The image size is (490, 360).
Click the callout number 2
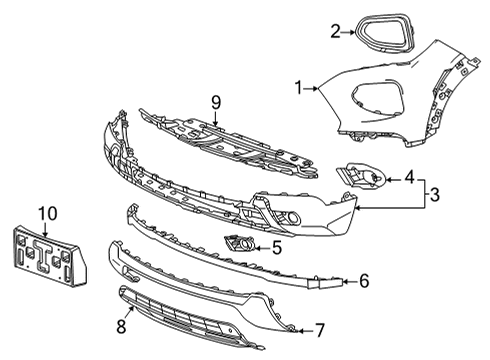[x=336, y=30]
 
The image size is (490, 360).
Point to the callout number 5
[x=277, y=247]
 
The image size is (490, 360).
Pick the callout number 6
[x=364, y=282]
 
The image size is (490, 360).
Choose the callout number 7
[x=319, y=327]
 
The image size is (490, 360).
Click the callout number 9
[x=213, y=102]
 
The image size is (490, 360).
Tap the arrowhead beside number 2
[x=349, y=31]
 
